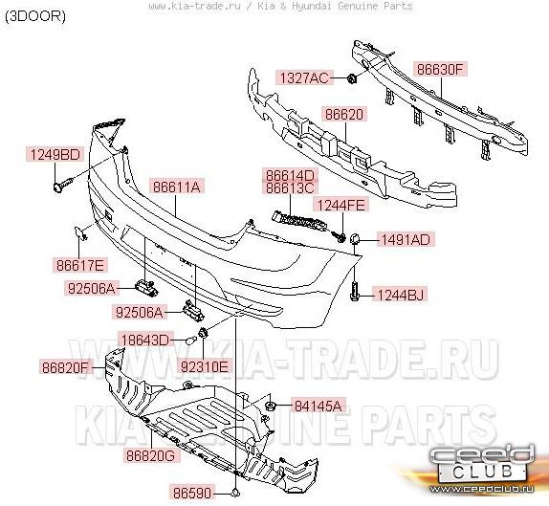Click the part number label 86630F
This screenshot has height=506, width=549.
(x=441, y=69)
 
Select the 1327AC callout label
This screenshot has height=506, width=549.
(x=304, y=77)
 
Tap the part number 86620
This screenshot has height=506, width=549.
(x=344, y=114)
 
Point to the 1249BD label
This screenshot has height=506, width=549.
(x=55, y=154)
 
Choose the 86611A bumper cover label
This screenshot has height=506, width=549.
(x=176, y=187)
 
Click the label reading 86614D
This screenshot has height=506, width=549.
(x=290, y=175)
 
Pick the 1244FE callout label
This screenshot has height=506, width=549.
(x=341, y=205)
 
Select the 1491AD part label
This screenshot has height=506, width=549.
(x=406, y=239)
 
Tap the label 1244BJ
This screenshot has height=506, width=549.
(x=400, y=295)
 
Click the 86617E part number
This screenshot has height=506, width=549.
(x=80, y=265)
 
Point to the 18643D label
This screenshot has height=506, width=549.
(x=145, y=340)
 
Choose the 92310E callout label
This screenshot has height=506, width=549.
(x=205, y=366)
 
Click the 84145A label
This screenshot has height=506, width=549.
(x=318, y=406)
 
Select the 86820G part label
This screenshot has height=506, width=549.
(x=150, y=455)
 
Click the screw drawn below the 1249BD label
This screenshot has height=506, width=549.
(x=63, y=185)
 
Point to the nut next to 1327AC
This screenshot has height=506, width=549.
(x=352, y=78)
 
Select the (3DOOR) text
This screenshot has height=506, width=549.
(x=35, y=16)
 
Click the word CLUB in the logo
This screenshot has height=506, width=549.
(x=483, y=471)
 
